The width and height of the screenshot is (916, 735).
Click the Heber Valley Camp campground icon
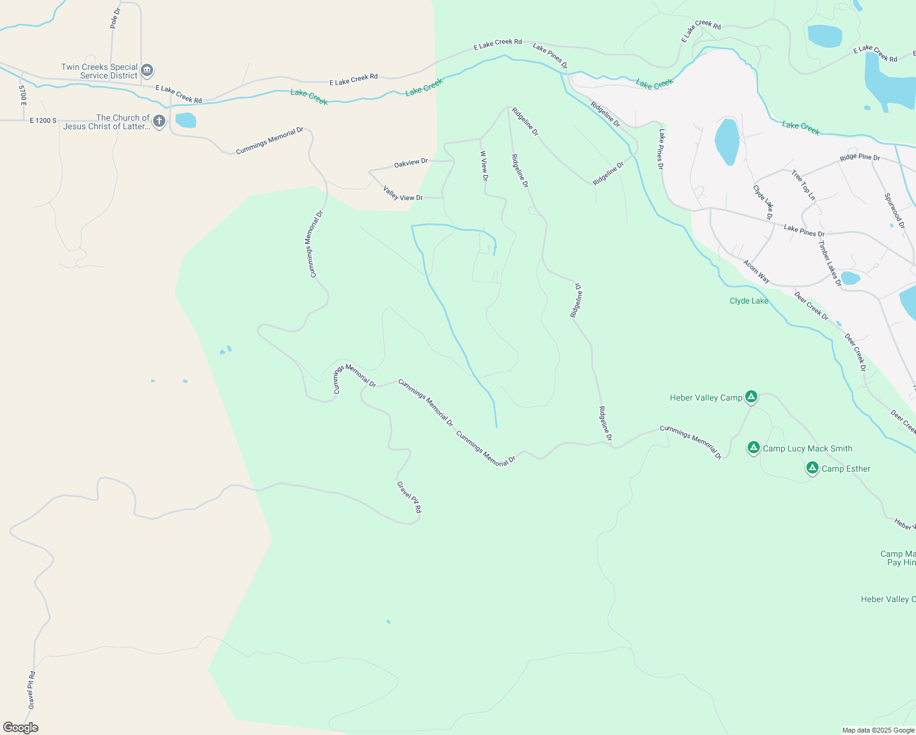point(751,397)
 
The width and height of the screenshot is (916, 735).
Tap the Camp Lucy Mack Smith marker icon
point(754,448)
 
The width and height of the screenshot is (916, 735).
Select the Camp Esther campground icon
point(813,468)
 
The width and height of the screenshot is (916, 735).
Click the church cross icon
point(159,121)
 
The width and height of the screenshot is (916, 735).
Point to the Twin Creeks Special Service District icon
point(147,70)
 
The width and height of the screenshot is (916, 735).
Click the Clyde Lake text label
point(749,301)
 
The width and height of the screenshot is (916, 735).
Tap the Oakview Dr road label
point(411,163)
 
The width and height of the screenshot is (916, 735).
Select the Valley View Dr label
point(403,194)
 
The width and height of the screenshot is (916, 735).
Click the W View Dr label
point(484,166)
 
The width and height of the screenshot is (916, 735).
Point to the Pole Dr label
point(115,18)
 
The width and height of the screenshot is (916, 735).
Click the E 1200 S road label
point(43,121)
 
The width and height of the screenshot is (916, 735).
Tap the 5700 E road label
point(23,95)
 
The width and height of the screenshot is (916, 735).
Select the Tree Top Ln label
point(803,185)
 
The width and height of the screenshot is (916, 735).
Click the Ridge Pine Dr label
point(860,157)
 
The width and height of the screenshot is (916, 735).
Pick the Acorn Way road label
point(757,271)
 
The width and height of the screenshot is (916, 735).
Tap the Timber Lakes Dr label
point(830,263)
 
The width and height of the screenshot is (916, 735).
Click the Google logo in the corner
point(21,728)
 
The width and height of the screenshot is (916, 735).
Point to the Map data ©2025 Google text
point(878,730)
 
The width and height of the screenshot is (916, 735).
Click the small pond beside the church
point(186,120)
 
